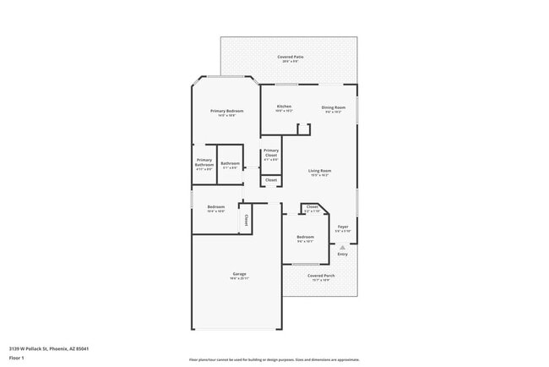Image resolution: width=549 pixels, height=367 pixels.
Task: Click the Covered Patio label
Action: point(291,58)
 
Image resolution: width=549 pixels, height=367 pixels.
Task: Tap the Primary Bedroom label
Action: point(227,112)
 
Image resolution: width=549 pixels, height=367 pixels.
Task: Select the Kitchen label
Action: point(284,107)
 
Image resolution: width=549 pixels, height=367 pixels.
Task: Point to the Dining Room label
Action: point(334,107)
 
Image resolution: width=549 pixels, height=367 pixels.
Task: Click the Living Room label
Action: point(319,171)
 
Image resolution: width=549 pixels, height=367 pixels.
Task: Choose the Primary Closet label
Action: point(271,153)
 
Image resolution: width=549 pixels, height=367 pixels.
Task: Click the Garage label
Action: point(240,274)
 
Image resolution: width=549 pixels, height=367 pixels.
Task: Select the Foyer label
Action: point(343,227)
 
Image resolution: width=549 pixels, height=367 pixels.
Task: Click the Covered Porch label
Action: point(319,276)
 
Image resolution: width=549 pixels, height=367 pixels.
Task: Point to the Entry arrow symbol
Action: point(342,247)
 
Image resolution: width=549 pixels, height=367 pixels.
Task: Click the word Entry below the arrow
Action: point(342,254)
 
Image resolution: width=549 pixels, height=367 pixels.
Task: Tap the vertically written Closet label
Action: point(246,220)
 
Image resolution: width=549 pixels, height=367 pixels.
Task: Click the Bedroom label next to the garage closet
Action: point(216,207)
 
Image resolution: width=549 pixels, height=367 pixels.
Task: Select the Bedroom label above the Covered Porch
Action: point(305,238)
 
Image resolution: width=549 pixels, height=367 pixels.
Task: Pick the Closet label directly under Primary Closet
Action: point(271,180)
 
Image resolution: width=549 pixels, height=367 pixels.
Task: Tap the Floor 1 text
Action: point(17,358)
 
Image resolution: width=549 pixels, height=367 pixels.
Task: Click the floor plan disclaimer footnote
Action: point(274,359)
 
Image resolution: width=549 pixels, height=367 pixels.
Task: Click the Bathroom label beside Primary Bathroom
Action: point(231,163)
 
